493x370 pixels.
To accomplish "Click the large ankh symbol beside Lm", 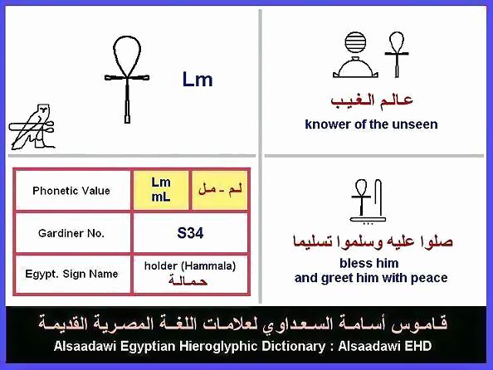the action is point(127,79).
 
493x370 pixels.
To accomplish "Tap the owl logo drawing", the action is point(32,127).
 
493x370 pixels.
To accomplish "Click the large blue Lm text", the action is point(198,79).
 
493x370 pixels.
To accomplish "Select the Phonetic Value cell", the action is point(72,191).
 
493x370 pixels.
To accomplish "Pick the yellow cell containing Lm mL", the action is point(161,190).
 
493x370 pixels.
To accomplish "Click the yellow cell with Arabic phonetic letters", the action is point(220,190).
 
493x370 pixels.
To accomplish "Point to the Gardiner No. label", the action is point(71,233).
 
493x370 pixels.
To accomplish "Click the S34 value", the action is point(190,233).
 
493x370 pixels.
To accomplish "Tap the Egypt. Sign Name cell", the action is point(72,274).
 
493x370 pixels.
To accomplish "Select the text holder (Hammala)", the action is point(190,266).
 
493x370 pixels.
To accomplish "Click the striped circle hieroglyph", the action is point(355,42).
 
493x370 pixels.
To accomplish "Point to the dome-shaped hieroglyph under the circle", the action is point(355,67).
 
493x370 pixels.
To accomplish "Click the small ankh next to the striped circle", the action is point(397,54).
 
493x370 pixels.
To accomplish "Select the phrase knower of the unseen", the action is point(371,124).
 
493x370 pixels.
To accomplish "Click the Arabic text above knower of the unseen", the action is point(372,101).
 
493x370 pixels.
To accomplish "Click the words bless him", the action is point(369,263).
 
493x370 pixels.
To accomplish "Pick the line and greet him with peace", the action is point(371,278).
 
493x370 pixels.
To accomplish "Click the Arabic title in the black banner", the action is point(242,324).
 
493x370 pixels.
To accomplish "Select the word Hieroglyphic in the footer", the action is point(219,346).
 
